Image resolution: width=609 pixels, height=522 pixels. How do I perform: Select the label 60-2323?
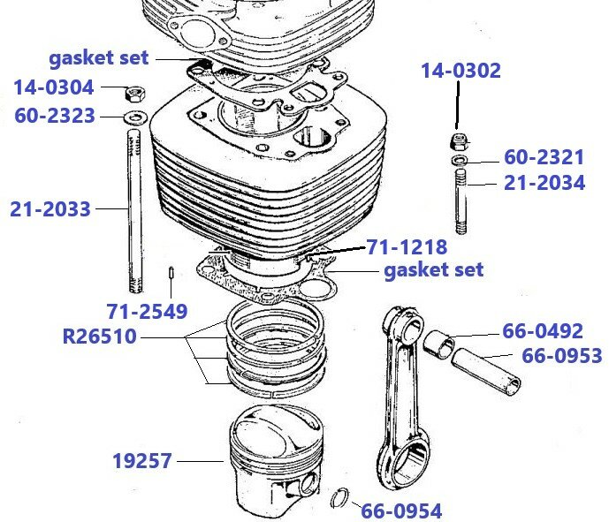pyautogui.click(x=53, y=117)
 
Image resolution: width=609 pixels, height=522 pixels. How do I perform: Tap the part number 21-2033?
pyautogui.click(x=50, y=209)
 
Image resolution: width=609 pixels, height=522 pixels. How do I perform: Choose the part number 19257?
pyautogui.click(x=141, y=460)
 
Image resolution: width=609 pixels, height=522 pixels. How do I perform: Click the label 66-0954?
pyautogui.click(x=401, y=511)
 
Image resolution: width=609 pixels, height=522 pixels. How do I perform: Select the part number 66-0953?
pyautogui.click(x=561, y=356)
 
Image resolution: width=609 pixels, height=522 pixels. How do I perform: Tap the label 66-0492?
pyautogui.click(x=543, y=331)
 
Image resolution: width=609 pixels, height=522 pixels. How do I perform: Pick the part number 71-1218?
pyautogui.click(x=407, y=248)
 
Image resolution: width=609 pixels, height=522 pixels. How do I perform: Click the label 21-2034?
pyautogui.click(x=544, y=184)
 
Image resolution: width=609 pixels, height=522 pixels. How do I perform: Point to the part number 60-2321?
pyautogui.click(x=544, y=158)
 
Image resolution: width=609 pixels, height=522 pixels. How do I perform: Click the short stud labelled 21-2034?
pyautogui.click(x=461, y=202)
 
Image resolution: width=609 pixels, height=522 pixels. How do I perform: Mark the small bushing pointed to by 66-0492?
pyautogui.click(x=438, y=341)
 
